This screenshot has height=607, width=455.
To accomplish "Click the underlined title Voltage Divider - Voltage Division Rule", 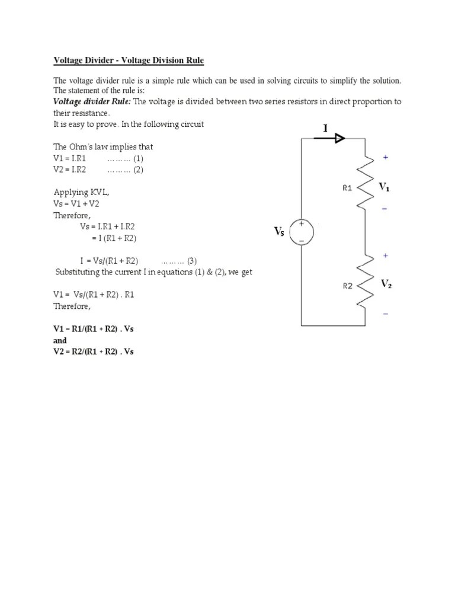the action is pyautogui.click(x=129, y=60).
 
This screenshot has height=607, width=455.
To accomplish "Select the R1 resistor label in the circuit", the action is pyautogui.click(x=348, y=188).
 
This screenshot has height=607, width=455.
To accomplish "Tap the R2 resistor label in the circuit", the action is pyautogui.click(x=348, y=286).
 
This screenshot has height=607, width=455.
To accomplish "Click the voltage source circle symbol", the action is pyautogui.click(x=302, y=232).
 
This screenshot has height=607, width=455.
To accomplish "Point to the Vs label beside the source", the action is pyautogui.click(x=279, y=232).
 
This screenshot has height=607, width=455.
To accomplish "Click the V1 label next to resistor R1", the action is pyautogui.click(x=384, y=187).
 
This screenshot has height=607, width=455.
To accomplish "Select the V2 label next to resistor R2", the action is pyautogui.click(x=386, y=285).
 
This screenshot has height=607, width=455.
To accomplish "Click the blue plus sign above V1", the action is pyautogui.click(x=386, y=158).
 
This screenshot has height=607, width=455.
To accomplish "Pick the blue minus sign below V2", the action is pyautogui.click(x=386, y=313).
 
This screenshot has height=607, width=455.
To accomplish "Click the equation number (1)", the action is pyautogui.click(x=138, y=158).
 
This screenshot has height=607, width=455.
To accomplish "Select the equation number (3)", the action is pyautogui.click(x=192, y=260).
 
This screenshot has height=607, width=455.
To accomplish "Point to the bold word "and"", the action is pyautogui.click(x=60, y=340).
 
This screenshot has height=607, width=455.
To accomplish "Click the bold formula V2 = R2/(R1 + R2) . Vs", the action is pyautogui.click(x=94, y=352).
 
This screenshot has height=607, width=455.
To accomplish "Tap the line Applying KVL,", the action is pyautogui.click(x=82, y=192).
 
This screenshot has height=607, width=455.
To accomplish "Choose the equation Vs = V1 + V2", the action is pyautogui.click(x=77, y=203).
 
